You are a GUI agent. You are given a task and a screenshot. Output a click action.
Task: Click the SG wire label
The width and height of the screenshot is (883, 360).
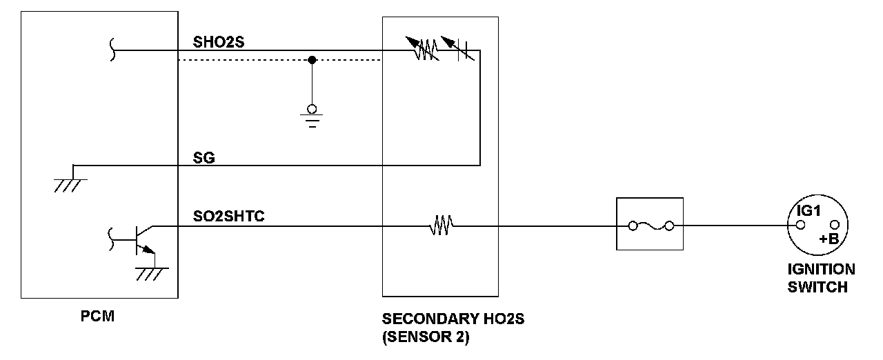204,158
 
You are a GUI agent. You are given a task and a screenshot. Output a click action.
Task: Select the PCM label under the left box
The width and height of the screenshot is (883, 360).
97,317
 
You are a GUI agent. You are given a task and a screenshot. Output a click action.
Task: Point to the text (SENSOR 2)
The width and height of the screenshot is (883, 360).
425,339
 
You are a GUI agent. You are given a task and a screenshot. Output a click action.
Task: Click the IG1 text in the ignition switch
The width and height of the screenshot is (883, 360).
807,211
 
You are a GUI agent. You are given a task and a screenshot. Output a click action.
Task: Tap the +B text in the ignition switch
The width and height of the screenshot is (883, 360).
829,239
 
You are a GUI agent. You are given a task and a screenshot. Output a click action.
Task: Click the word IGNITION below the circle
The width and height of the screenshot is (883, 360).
821,270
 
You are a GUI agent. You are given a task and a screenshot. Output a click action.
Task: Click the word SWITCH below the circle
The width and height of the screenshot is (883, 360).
817,286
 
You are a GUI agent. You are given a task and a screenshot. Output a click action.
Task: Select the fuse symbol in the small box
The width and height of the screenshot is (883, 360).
648,225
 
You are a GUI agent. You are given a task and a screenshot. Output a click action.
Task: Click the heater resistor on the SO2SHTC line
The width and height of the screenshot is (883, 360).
440,225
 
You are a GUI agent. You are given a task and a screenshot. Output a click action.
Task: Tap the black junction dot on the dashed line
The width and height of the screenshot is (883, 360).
312,60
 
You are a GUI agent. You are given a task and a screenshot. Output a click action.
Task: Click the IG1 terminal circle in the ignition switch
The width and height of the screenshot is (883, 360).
800,225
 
